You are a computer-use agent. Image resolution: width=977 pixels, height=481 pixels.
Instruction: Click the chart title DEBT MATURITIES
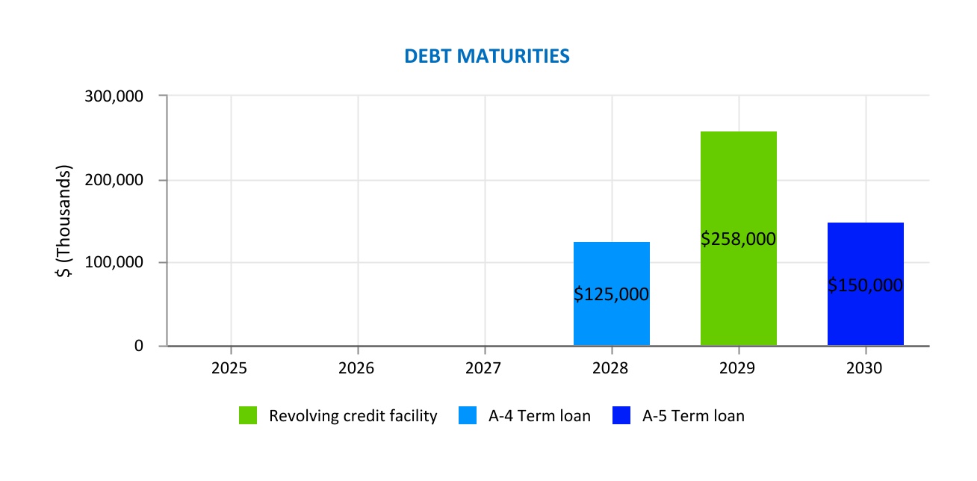coord(487,57)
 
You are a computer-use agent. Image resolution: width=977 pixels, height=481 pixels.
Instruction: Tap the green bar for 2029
coord(738,187)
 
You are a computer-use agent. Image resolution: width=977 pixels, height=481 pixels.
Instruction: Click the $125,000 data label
coord(611,294)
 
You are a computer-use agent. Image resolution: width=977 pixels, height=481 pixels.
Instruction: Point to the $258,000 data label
coord(738,239)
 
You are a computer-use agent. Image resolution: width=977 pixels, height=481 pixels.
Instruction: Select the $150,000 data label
coord(865,285)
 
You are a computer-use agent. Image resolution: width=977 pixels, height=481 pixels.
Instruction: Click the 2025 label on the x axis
coord(231,368)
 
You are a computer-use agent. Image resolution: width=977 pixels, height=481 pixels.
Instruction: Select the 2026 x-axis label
coord(358,368)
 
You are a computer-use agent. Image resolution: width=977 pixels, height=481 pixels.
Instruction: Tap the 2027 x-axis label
coord(485,368)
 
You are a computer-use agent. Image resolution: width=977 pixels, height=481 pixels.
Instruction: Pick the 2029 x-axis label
coord(739,368)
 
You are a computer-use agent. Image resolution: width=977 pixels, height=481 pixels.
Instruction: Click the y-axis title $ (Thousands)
coord(66,221)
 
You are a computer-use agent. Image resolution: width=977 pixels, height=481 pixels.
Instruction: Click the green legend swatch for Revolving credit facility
coord(248,416)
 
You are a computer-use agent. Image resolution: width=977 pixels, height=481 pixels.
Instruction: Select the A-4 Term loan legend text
coord(539,416)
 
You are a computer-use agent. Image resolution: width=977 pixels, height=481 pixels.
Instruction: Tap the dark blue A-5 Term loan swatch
coord(621,416)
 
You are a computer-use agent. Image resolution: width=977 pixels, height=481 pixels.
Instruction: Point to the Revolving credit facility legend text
coord(353,416)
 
